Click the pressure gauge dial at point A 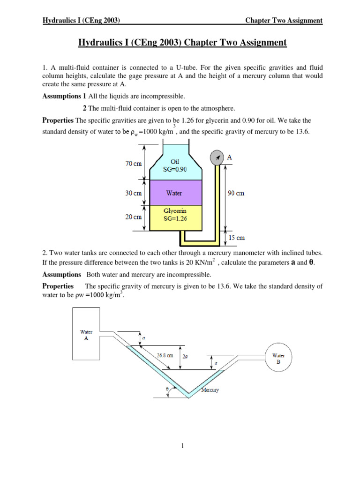[217, 157]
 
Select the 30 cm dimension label [134, 193]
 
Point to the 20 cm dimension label [134, 217]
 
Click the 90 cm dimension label [236, 193]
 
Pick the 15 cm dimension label [237, 238]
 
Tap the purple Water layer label [174, 193]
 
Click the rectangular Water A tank [85, 335]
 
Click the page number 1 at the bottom [182, 446]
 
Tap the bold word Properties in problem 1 [58, 120]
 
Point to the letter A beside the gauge [229, 157]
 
